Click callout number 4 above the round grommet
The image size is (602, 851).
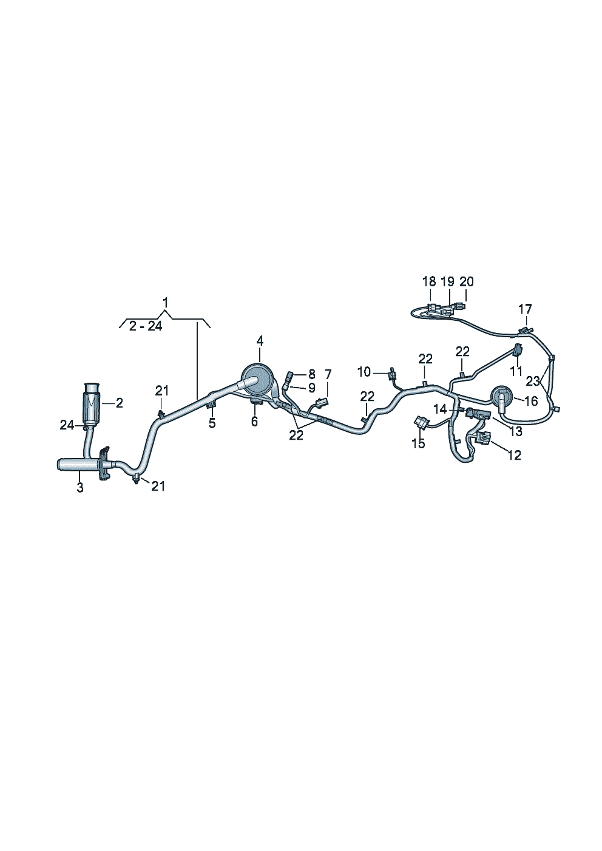pos(259,341)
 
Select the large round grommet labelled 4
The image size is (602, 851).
pos(257,379)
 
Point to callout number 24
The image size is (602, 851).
pos(67,425)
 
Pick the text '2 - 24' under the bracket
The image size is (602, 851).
pos(146,326)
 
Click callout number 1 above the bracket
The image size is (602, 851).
pos(164,302)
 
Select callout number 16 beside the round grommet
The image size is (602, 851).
pos(530,401)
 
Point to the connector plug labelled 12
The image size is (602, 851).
pos(486,438)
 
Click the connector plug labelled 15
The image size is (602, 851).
pos(419,421)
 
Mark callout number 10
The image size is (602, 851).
pos(364,371)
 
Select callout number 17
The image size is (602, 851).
pos(524,309)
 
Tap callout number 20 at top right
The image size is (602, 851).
pos(466,281)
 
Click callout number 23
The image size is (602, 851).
pos(533,381)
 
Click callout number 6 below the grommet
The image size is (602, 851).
pos(254,421)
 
